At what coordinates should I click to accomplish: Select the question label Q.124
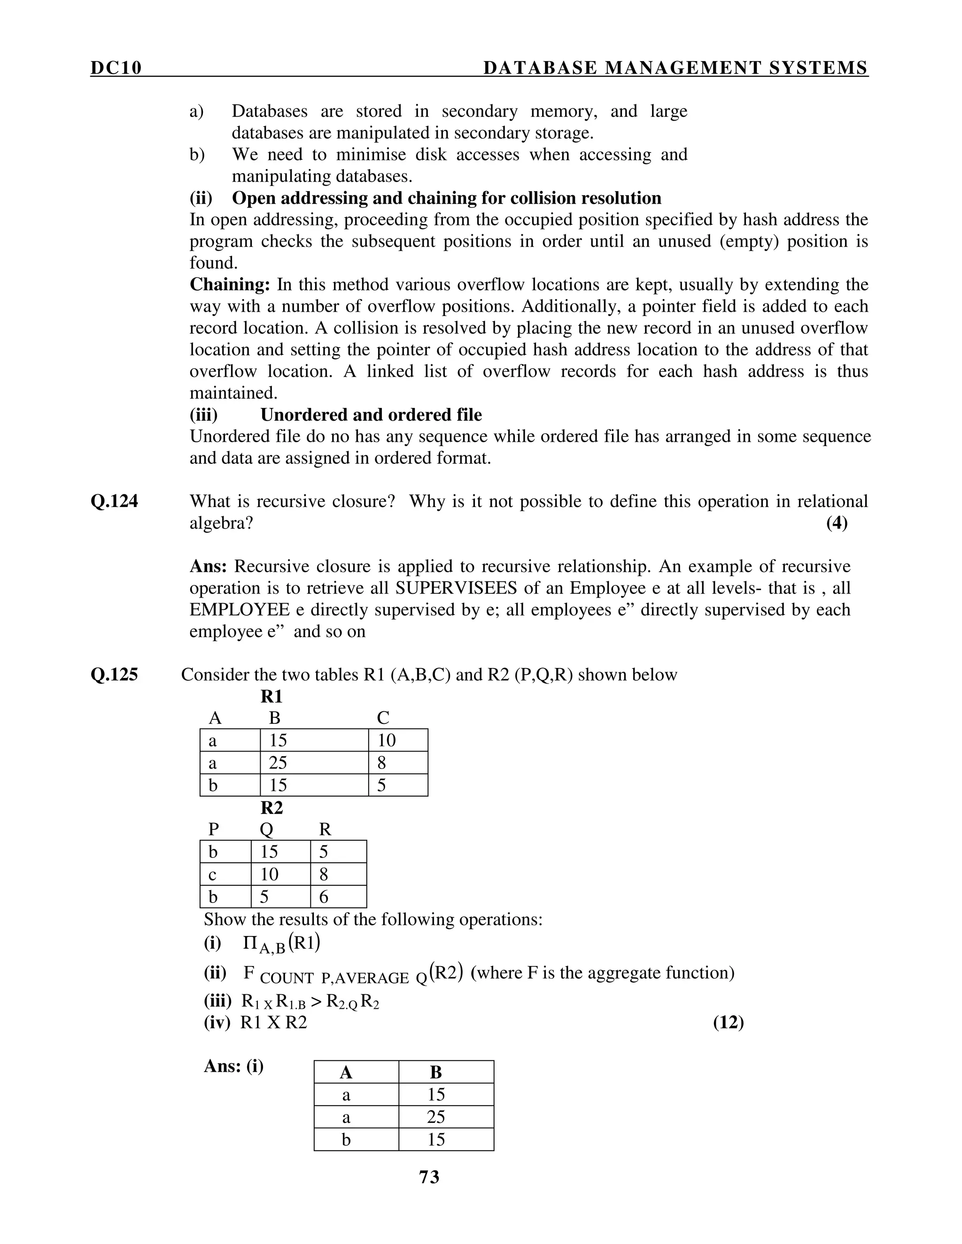click(114, 501)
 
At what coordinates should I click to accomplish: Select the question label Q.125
click(114, 675)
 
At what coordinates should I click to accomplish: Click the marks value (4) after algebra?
click(837, 523)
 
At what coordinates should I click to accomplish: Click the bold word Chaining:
click(229, 284)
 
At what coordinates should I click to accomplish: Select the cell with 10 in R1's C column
click(398, 740)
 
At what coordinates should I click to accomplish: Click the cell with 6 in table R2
click(338, 897)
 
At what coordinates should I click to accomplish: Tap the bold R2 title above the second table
click(272, 808)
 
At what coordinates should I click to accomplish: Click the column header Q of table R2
click(266, 830)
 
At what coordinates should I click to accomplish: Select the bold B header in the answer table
click(436, 1073)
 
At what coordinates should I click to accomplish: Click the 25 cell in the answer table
click(436, 1117)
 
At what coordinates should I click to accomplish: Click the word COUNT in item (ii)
click(286, 978)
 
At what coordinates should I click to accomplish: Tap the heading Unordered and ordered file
click(371, 415)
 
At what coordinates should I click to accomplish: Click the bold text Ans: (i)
click(233, 1066)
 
